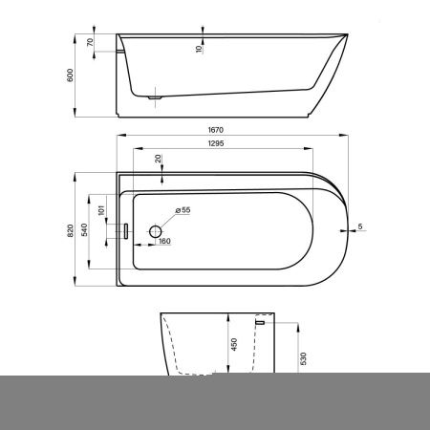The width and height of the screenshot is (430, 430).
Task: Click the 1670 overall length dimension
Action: pyautogui.click(x=216, y=130)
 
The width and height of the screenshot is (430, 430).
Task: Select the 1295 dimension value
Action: pyautogui.click(x=216, y=143)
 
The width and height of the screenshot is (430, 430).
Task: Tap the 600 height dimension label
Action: pyautogui.click(x=70, y=75)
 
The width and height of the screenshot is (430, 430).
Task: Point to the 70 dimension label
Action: pyautogui.click(x=90, y=42)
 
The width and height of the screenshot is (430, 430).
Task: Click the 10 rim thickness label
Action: pyautogui.click(x=199, y=49)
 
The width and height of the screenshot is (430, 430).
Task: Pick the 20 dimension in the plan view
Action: pyautogui.click(x=158, y=159)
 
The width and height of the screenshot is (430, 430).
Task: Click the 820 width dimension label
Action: pyautogui.click(x=71, y=230)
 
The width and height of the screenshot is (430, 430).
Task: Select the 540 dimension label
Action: pyautogui.click(x=84, y=229)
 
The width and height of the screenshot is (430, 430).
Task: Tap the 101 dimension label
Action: pyautogui.click(x=101, y=210)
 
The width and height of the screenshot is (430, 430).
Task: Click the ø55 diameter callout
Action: pyautogui.click(x=183, y=210)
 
